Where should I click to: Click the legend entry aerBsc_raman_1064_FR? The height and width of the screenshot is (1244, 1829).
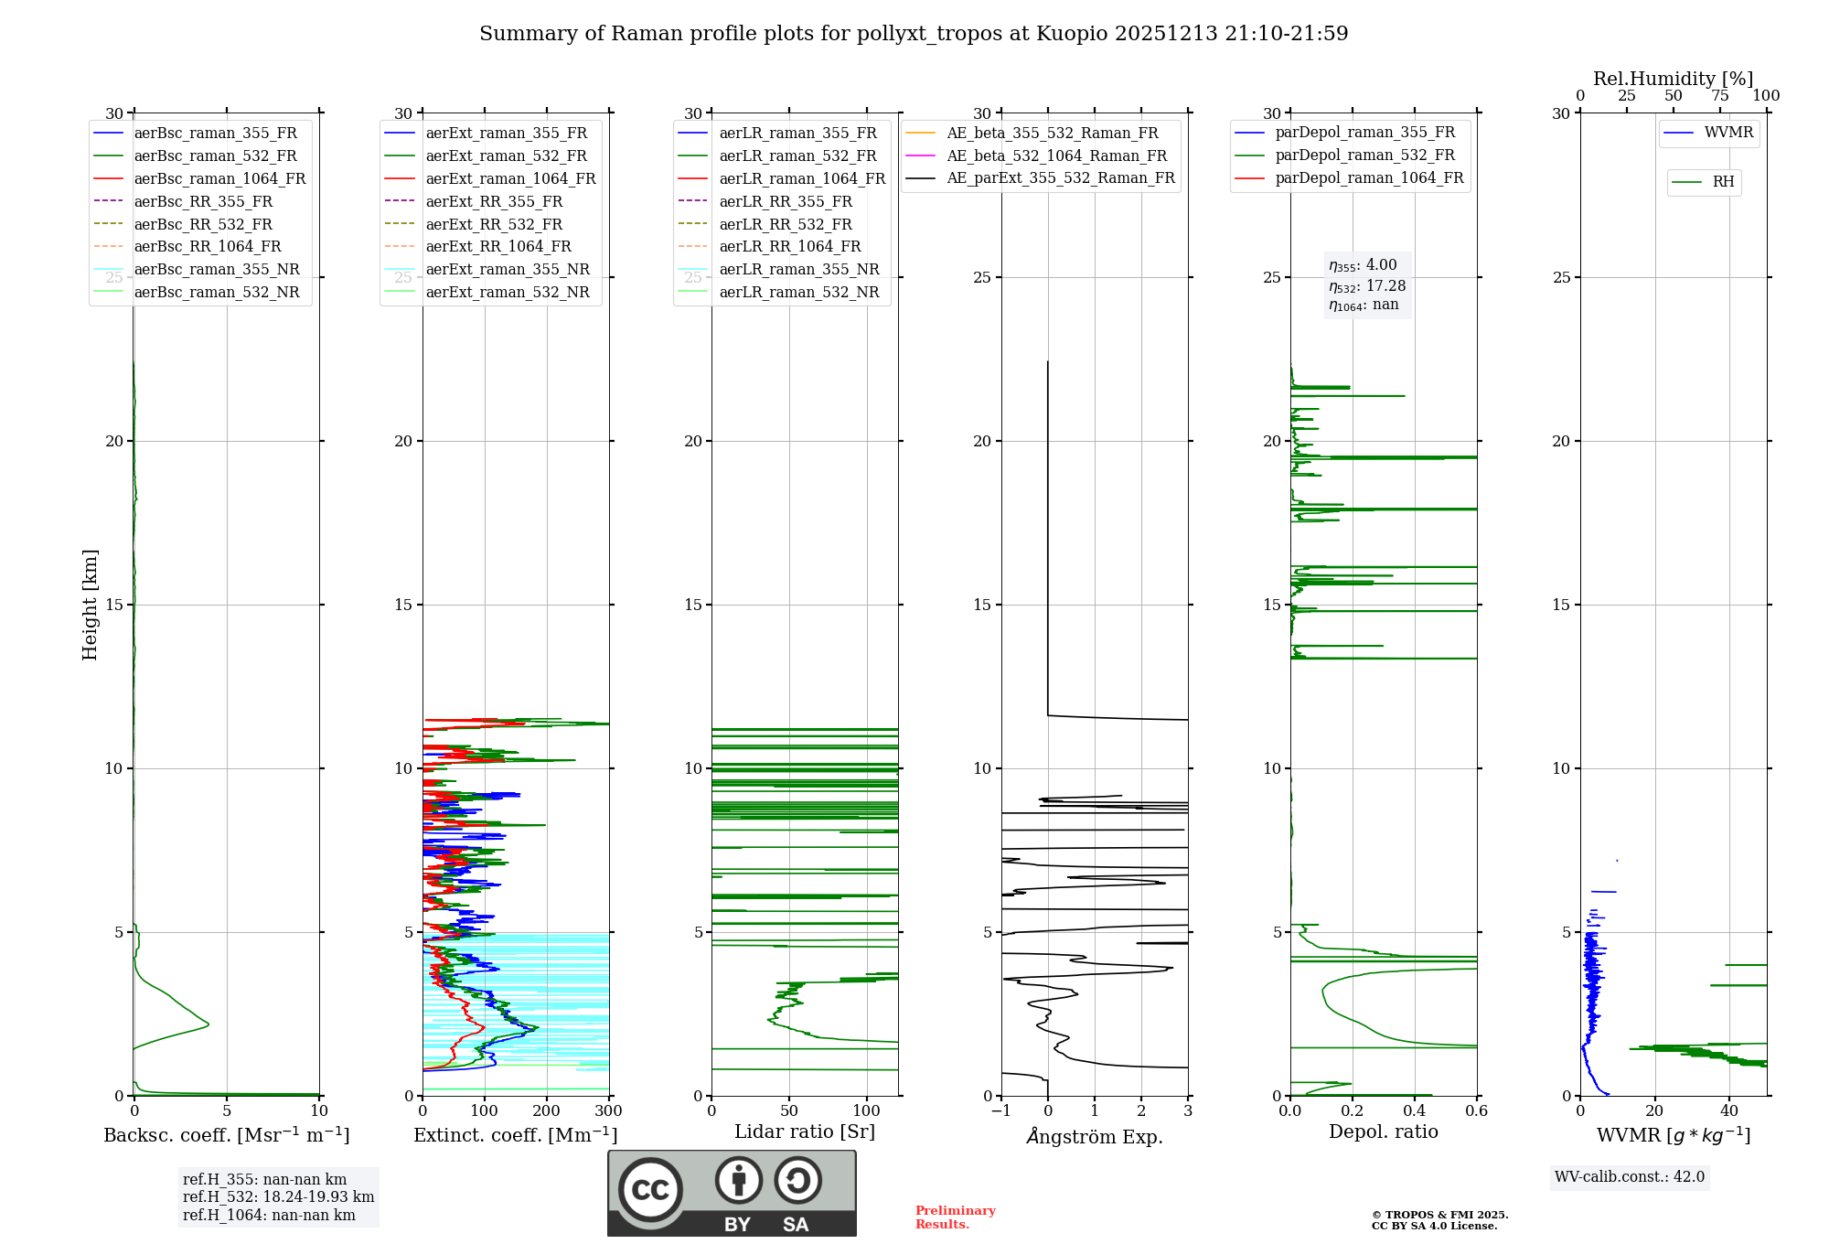[219, 179]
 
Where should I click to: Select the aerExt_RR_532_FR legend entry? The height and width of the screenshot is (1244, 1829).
[494, 224]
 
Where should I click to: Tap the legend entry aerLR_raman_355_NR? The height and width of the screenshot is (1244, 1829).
[798, 270]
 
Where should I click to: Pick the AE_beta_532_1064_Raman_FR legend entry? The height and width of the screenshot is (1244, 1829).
[1056, 155]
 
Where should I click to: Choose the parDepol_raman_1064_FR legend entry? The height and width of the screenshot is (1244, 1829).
[1369, 178]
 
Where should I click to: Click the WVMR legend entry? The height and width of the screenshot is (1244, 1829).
[1728, 133]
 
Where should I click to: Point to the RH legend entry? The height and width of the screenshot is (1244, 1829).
[1723, 182]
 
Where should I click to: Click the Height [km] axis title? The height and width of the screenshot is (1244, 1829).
[90, 605]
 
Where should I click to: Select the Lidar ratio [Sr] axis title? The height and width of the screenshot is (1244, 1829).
[805, 1132]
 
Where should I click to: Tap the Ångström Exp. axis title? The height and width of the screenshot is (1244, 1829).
[1095, 1137]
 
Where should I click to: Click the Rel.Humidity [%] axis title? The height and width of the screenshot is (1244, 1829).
[1673, 79]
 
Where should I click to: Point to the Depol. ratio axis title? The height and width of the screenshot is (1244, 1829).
[1383, 1132]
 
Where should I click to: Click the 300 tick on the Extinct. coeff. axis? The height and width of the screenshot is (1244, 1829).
[609, 1111]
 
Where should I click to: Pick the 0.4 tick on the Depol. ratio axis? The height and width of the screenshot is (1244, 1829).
[1415, 1111]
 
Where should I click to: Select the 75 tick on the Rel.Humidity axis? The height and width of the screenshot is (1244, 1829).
[1720, 96]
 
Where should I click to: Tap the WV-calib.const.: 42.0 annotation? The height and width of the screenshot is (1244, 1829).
[1630, 1177]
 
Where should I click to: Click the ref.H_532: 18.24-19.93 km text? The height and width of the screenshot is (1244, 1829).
[278, 1197]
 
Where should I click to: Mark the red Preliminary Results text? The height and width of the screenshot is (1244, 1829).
[955, 1217]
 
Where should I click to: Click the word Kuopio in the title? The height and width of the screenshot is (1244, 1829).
[1073, 34]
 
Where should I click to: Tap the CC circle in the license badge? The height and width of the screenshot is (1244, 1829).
[650, 1189]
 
